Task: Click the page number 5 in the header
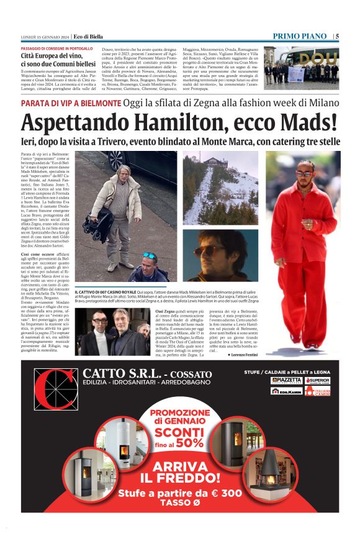(x=337, y=36)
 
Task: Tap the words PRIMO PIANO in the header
(x=300, y=36)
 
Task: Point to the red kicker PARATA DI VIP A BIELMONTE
(x=71, y=102)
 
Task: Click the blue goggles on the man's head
(x=150, y=255)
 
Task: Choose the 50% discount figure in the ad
(x=189, y=443)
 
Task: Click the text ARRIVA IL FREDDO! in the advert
(x=180, y=471)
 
